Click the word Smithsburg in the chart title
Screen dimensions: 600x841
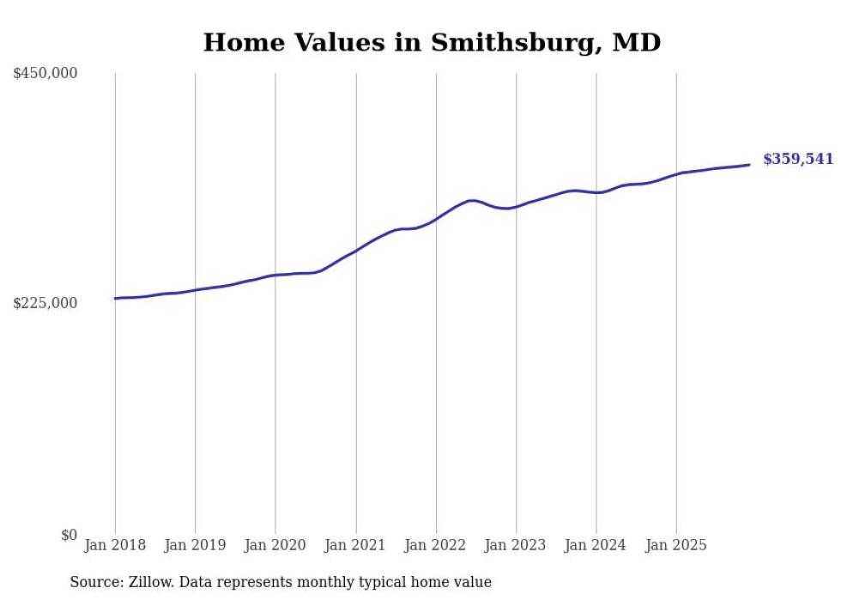496,42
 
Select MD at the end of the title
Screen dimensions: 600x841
636,42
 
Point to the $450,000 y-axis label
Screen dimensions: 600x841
45,74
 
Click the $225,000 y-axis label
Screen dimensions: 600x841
45,303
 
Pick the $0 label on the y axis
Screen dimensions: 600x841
69,535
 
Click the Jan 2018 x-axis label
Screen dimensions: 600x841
115,545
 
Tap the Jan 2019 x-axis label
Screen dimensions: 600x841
195,545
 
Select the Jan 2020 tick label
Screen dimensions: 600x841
275,545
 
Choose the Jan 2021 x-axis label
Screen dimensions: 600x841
355,545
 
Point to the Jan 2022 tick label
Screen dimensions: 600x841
436,545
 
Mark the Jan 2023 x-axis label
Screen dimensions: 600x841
516,545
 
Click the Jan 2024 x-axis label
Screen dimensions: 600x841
596,545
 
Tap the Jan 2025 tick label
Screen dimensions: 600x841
676,545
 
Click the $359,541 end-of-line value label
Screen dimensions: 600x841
797,160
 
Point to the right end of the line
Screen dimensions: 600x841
749,165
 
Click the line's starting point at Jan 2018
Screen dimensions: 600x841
115,299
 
